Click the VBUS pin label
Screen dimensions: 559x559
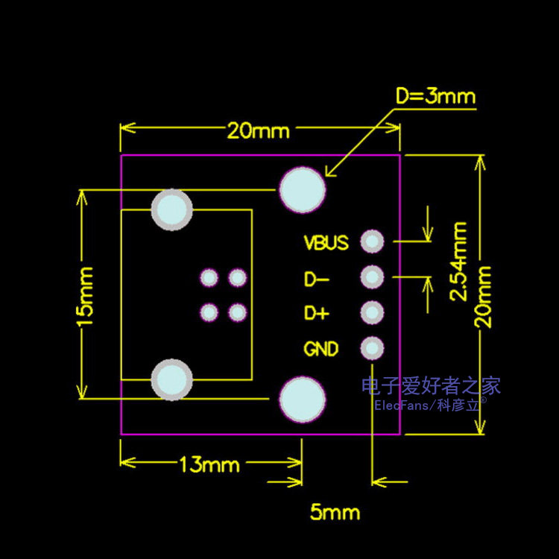click(326, 242)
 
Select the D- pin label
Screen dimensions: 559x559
click(316, 279)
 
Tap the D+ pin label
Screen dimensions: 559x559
click(316, 314)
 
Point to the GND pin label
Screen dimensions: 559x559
click(321, 349)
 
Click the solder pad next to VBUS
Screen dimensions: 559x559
click(372, 241)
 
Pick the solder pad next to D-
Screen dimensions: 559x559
click(372, 277)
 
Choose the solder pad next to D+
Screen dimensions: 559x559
click(372, 312)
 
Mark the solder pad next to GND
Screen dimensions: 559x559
click(372, 347)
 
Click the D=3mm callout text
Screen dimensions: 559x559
click(435, 96)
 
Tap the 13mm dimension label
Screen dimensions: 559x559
click(209, 465)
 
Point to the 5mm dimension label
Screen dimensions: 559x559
click(335, 512)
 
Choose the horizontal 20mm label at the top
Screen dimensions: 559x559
click(259, 131)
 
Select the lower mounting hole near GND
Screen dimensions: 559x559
click(303, 399)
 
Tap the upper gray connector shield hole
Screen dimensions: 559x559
click(172, 209)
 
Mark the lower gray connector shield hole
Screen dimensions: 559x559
click(172, 379)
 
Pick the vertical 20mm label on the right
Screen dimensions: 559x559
click(485, 296)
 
